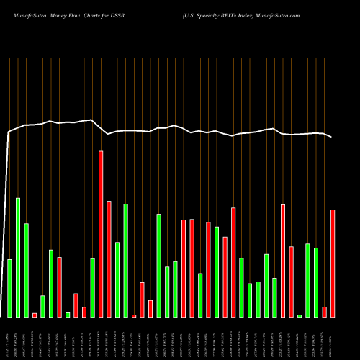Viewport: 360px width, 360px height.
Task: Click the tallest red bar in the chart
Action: pos(101,234)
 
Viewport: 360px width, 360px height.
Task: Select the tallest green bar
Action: pos(18,257)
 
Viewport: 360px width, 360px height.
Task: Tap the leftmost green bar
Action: pos(9,288)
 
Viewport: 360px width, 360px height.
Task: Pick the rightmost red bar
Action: pos(333,263)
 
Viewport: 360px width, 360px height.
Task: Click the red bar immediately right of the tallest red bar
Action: pos(109,258)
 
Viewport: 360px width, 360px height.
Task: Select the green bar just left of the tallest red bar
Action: pos(93,287)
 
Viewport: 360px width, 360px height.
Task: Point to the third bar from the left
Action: pos(27,270)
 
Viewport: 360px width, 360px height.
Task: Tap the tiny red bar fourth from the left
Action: pos(35,315)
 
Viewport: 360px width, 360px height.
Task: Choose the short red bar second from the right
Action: pos(324,312)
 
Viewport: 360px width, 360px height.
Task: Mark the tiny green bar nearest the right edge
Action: pos(300,315)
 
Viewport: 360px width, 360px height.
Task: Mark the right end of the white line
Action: pos(332,137)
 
